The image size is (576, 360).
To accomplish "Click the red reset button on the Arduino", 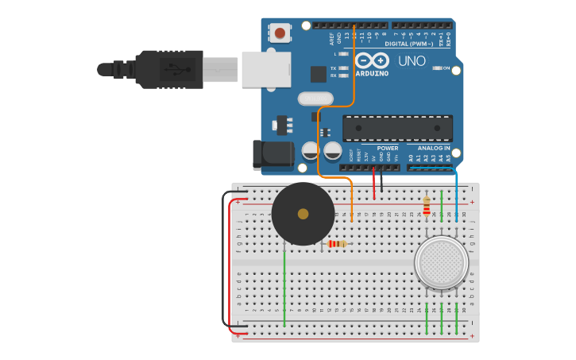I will pyautogui.click(x=280, y=33).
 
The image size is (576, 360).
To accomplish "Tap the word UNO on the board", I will pyautogui.click(x=412, y=61).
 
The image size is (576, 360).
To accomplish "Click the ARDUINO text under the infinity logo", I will pyautogui.click(x=372, y=74).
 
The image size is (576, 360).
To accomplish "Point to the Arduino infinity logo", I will pyautogui.click(x=372, y=60).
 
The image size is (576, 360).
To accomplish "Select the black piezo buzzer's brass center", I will pyautogui.click(x=303, y=214).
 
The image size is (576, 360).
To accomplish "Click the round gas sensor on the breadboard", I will pyautogui.click(x=442, y=262).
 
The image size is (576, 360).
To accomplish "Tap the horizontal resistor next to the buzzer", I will pyautogui.click(x=337, y=244).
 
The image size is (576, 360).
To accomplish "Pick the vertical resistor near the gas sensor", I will pyautogui.click(x=427, y=207).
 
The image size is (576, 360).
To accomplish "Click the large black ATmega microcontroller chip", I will pyautogui.click(x=397, y=128).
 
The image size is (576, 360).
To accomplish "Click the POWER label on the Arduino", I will pyautogui.click(x=388, y=149).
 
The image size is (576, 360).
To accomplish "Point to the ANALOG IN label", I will pyautogui.click(x=434, y=149).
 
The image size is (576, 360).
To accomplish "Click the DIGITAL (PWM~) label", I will pyautogui.click(x=408, y=44).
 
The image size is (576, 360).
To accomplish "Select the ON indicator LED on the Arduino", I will pyautogui.click(x=436, y=68).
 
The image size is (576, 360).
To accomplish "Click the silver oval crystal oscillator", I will pyautogui.click(x=315, y=99).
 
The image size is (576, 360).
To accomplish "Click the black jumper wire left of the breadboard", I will pyautogui.click(x=224, y=262).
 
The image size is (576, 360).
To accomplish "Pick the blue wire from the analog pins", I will pyautogui.click(x=456, y=191).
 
